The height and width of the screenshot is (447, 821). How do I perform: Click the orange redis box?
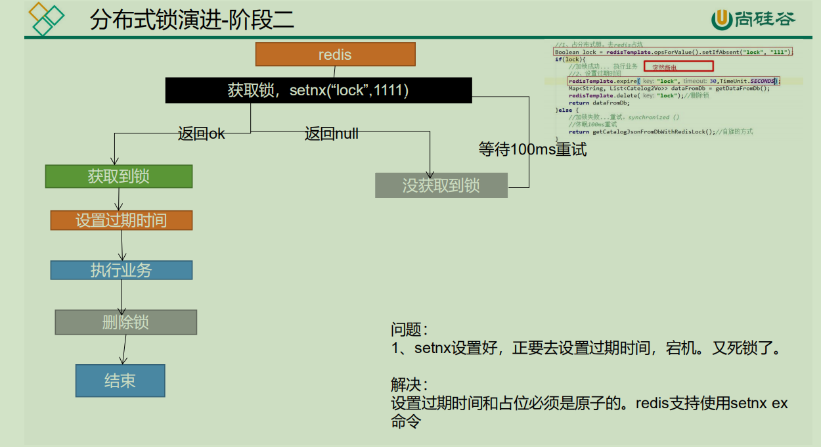(x=335, y=55)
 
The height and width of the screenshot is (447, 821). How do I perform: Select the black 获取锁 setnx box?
(x=319, y=90)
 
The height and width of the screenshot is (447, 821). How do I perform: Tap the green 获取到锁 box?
(x=119, y=176)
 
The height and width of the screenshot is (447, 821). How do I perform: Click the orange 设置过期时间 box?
(x=122, y=220)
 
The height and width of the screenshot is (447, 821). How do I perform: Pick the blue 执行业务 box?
(x=122, y=270)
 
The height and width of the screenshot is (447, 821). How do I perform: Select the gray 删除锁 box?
(x=126, y=322)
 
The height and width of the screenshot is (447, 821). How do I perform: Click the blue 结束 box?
(x=120, y=381)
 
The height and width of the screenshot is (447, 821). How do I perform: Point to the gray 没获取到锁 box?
(x=441, y=185)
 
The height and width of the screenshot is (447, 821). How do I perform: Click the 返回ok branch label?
(x=202, y=134)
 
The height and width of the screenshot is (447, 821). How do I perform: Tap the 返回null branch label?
(x=332, y=134)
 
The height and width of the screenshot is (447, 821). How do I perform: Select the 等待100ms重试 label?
(x=533, y=150)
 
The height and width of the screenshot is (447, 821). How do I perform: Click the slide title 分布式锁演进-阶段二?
(x=192, y=20)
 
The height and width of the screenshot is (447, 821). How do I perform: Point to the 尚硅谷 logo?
(x=753, y=20)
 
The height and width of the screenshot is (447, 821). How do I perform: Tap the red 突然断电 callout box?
(x=678, y=66)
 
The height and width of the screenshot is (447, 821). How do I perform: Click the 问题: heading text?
(x=409, y=329)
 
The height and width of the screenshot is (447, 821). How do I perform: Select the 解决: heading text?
(x=409, y=385)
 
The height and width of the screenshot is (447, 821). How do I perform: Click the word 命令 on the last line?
(x=405, y=421)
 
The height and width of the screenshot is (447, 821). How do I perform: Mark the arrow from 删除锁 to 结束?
(x=123, y=349)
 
